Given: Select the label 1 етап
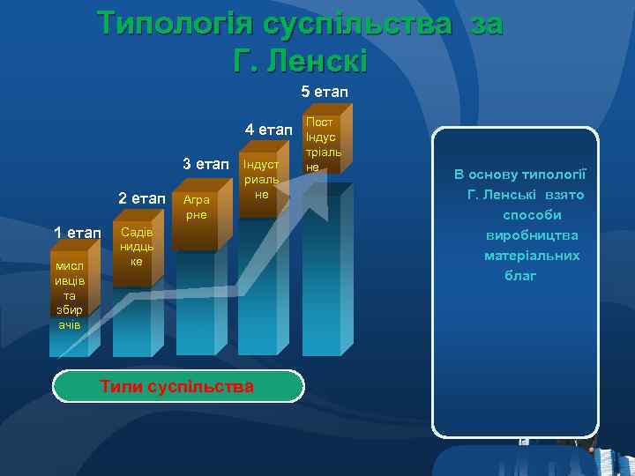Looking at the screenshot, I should coord(78,233).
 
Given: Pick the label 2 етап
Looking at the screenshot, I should coord(141,198).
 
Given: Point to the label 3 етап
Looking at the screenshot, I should coord(205,164).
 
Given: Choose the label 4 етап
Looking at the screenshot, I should coord(268,130).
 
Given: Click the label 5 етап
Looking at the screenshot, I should coord(325,92).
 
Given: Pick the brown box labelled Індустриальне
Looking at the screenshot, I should coord(261,180).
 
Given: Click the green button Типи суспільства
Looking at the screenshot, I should coord(177,386).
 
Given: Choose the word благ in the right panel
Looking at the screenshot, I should coord(520,276).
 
